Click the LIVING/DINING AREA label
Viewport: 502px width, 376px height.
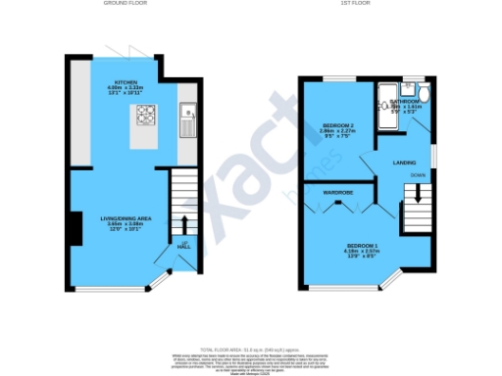click(x=123, y=217)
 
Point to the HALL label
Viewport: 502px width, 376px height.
click(x=183, y=247)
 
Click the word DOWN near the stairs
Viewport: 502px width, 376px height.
click(x=418, y=176)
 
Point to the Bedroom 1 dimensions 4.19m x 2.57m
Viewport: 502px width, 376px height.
click(x=357, y=252)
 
